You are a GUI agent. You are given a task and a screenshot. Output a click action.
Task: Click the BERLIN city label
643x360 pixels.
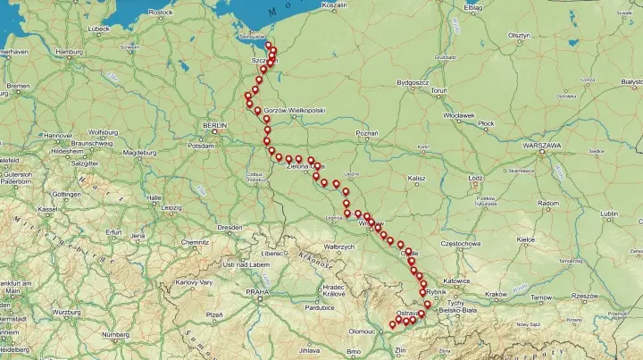pos(215,126)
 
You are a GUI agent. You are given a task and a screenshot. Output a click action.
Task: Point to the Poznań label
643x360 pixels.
pos(367,133)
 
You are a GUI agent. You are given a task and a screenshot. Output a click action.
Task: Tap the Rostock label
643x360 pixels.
pos(161,13)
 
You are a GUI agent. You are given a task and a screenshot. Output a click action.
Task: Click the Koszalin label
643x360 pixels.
pos(334,5)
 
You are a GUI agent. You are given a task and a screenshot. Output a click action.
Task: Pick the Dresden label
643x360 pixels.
pos(230,228)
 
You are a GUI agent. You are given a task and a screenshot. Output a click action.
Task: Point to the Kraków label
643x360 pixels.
pos(496,294)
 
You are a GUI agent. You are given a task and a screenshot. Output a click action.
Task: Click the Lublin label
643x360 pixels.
pos(609,213)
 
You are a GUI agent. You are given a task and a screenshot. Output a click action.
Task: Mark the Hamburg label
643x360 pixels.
pos(69,52)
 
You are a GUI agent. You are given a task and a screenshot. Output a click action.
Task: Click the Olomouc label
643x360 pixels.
pos(361,331)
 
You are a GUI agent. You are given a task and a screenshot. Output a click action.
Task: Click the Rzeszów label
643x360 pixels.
pos(585,296)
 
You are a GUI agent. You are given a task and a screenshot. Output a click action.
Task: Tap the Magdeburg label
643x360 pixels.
pos(139,153)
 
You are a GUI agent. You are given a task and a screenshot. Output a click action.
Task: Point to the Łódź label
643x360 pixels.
pos(475,178)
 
